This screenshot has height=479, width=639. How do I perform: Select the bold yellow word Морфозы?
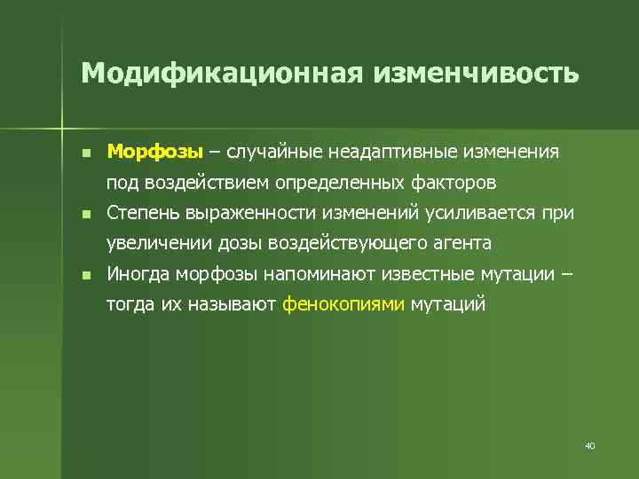tap(155, 152)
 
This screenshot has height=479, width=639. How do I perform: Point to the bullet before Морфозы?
tap(85, 153)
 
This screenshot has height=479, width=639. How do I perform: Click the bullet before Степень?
tap(85, 214)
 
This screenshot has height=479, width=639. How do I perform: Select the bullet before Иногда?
tap(85, 276)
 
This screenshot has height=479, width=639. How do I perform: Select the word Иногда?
tap(139, 274)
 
